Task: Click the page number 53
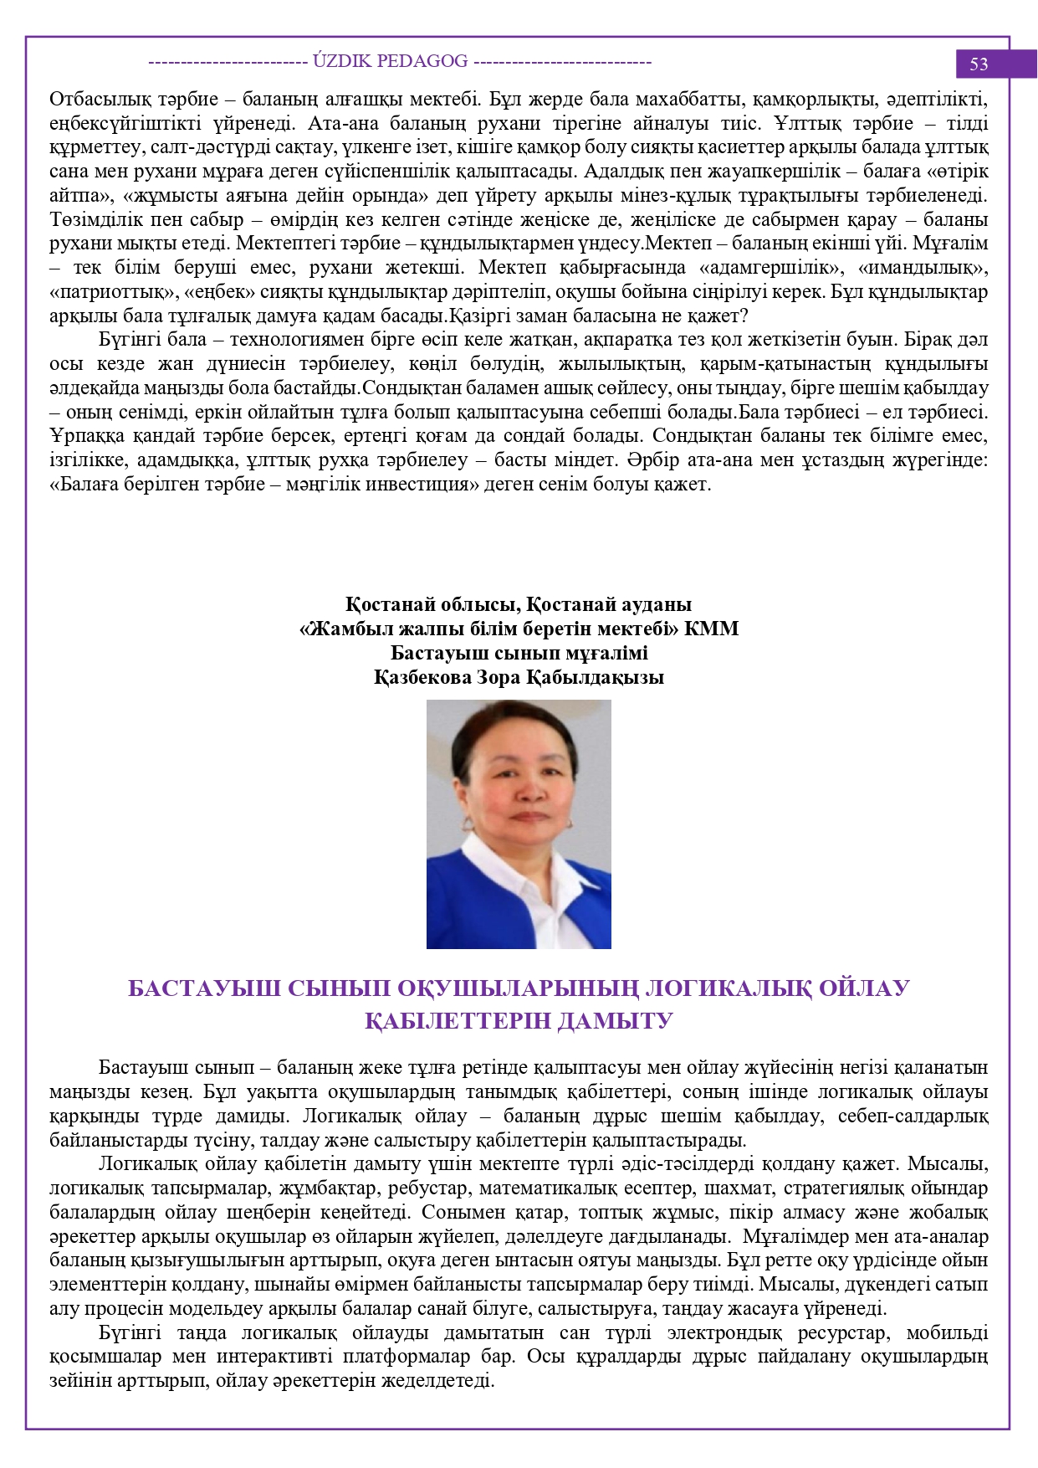click(979, 64)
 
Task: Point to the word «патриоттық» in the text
click(98, 292)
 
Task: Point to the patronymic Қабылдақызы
click(596, 677)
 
